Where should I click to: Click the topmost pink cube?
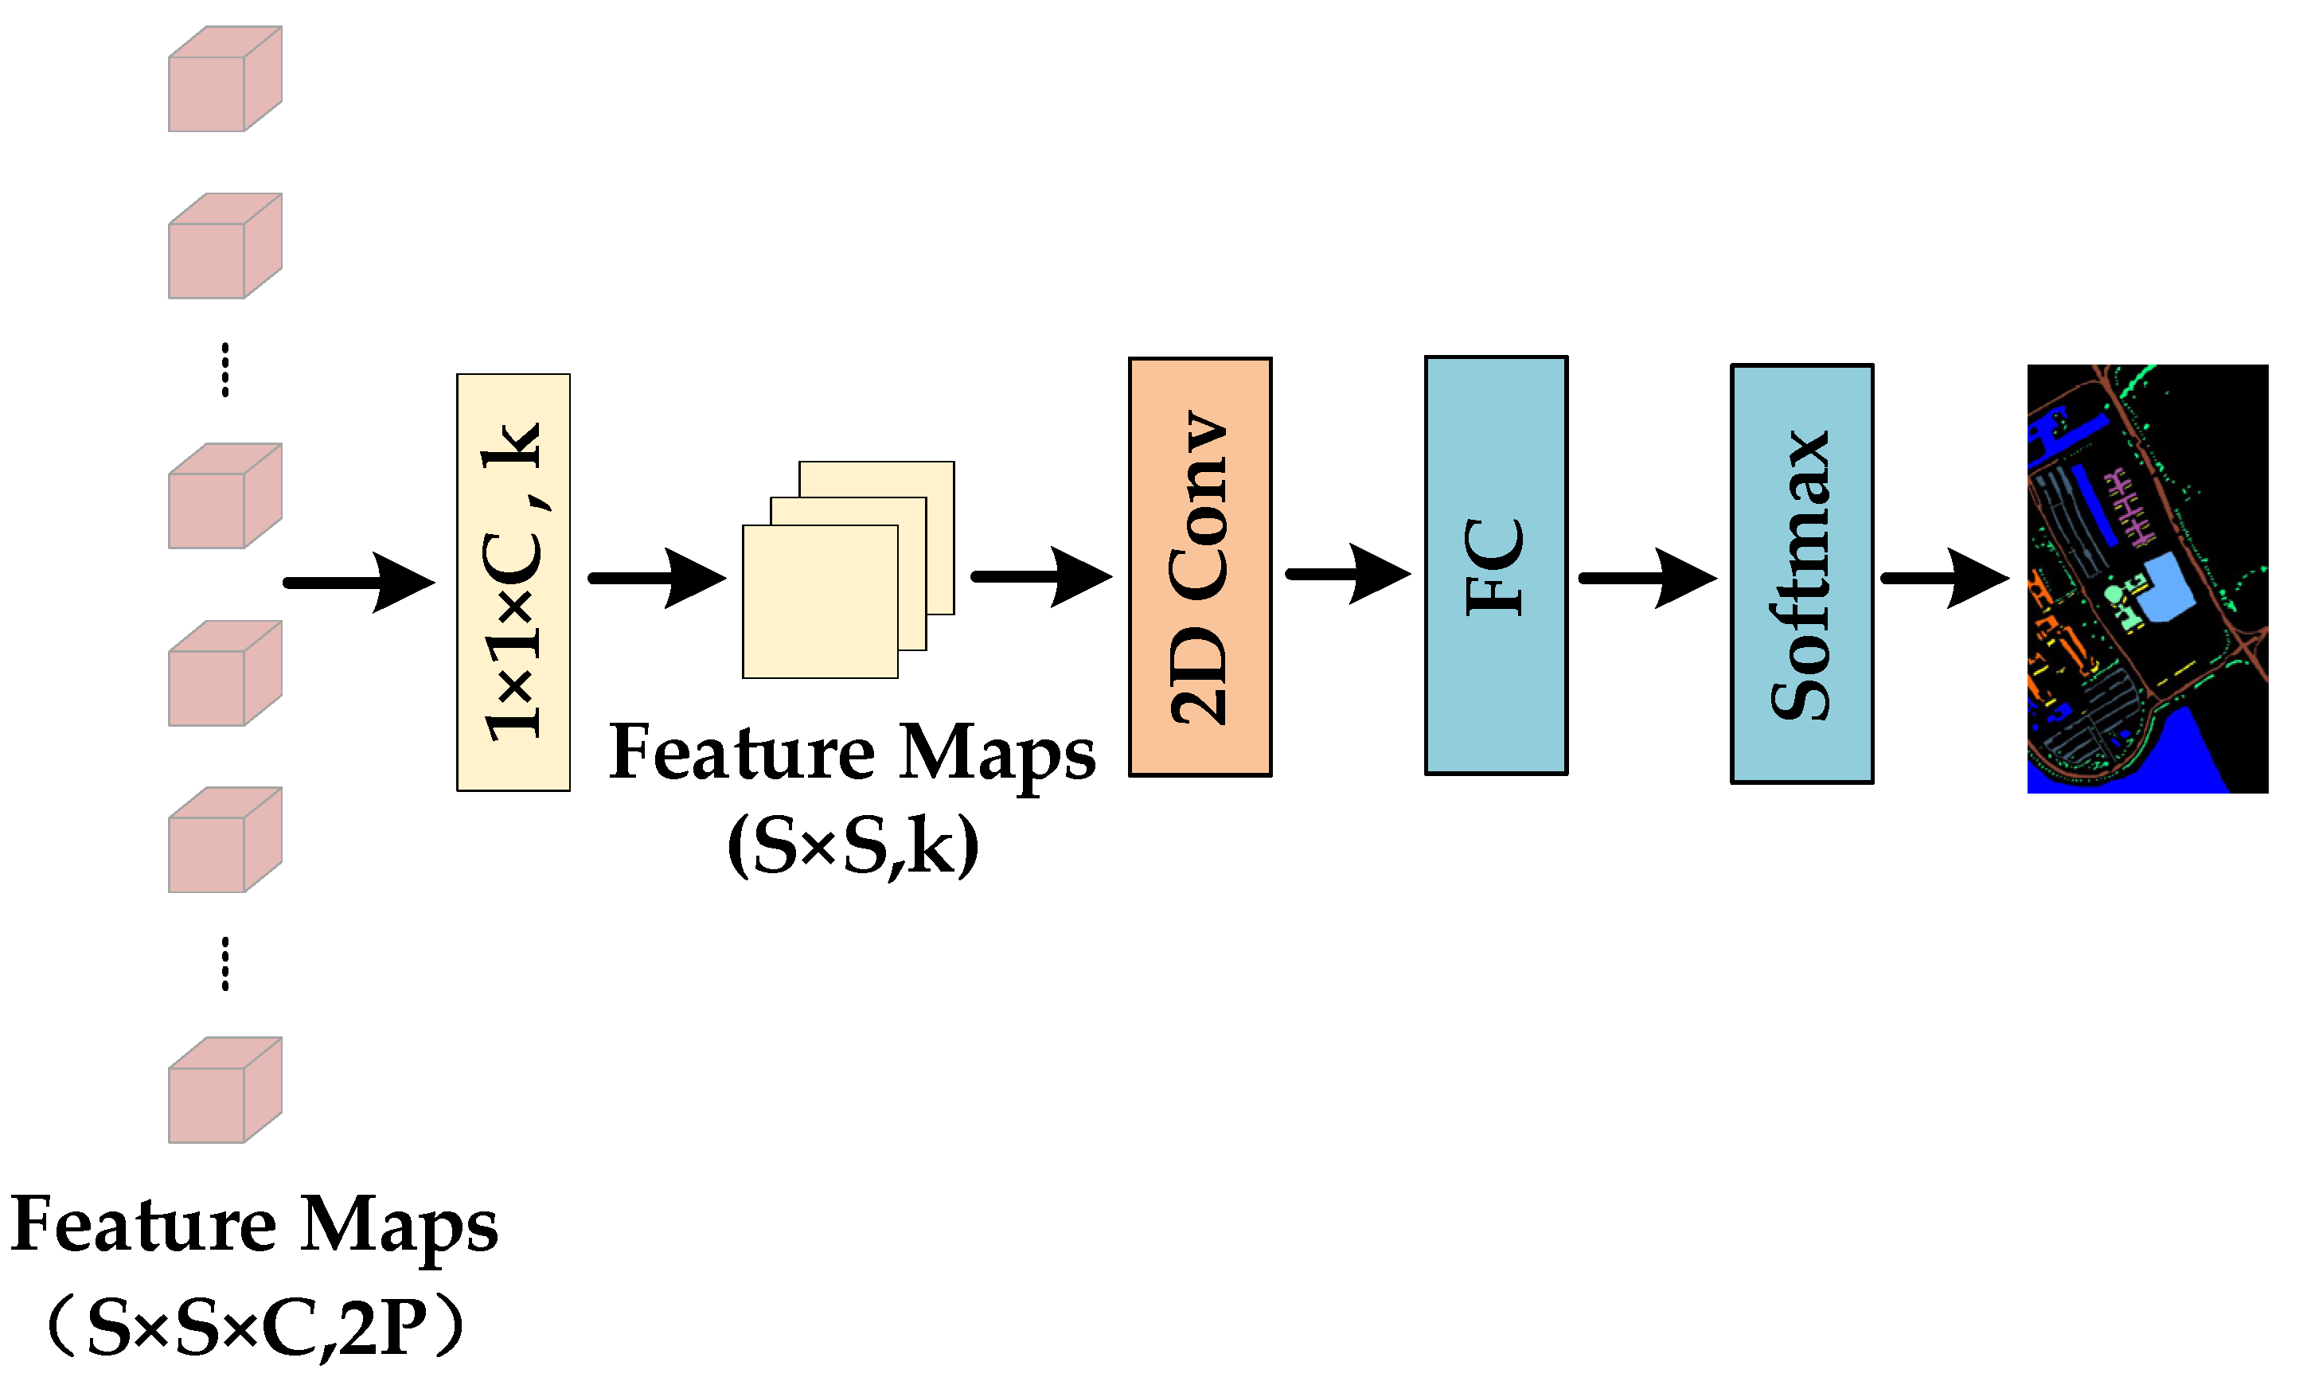coord(224,79)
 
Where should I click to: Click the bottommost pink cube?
coord(224,1090)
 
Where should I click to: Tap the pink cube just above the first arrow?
coord(224,496)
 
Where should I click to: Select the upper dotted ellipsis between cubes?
coord(225,369)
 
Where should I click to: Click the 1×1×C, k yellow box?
coord(513,583)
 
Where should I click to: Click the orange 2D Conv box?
coord(1200,567)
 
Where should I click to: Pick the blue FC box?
coord(1495,565)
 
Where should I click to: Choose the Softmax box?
coord(1801,574)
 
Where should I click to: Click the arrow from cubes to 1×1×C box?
coord(358,583)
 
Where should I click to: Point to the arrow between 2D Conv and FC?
coord(1346,574)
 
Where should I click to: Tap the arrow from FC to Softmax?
coord(1647,578)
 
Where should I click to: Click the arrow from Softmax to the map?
coord(1944,578)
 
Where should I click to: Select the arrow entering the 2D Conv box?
coord(1040,577)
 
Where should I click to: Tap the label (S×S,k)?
coord(853,846)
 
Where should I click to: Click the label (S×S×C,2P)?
coord(253,1327)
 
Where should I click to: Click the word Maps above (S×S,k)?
coord(996,754)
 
